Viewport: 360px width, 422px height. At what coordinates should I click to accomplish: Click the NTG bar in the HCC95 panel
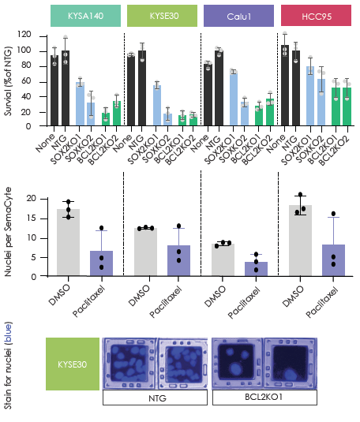[297, 88]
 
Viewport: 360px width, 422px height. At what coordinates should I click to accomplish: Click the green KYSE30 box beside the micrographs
[72, 364]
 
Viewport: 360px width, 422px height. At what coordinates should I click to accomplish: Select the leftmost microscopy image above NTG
[129, 364]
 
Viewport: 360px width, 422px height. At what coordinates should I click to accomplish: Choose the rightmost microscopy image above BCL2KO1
[291, 364]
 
